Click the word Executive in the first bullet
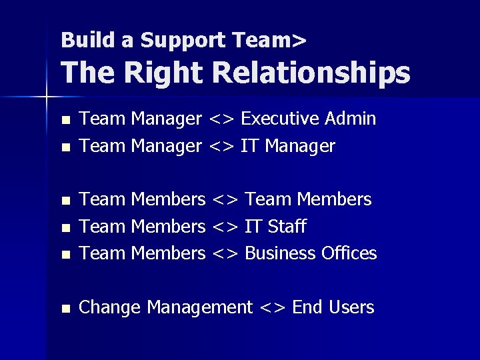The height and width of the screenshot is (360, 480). pos(279,119)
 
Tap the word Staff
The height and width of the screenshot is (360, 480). pos(286,227)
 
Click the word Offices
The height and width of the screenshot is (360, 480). pos(349,253)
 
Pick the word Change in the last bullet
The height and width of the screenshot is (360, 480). pos(109,307)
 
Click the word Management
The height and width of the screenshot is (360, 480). pos(199,308)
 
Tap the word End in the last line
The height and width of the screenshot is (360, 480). pos(307,307)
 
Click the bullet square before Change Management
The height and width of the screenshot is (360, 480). pos(65,309)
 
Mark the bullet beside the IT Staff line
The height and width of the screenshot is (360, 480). pos(65,228)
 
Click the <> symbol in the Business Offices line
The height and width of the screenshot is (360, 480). pos(225,254)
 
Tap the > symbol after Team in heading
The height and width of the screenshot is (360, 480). pos(299,41)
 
